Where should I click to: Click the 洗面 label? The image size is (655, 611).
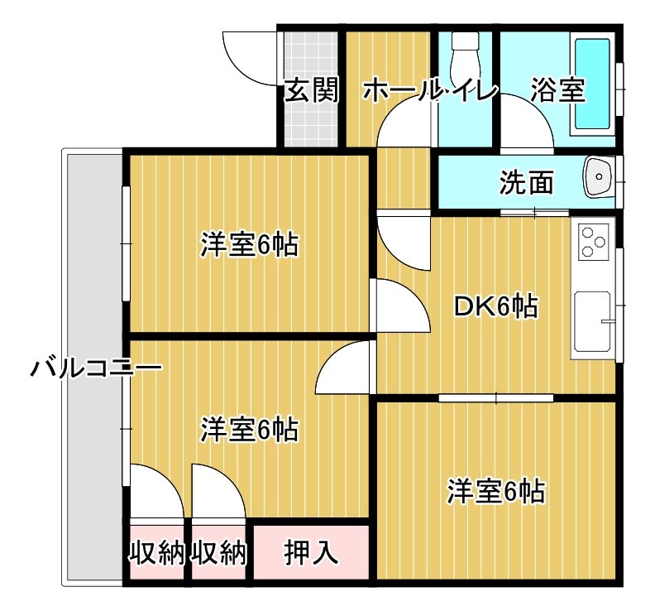[x=526, y=182]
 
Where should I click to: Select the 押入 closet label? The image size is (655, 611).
[x=311, y=552]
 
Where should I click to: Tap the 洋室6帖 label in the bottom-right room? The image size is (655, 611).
[x=495, y=492]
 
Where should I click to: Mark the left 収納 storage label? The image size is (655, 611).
[x=156, y=552]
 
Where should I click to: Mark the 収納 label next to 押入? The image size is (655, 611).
[x=219, y=552]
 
